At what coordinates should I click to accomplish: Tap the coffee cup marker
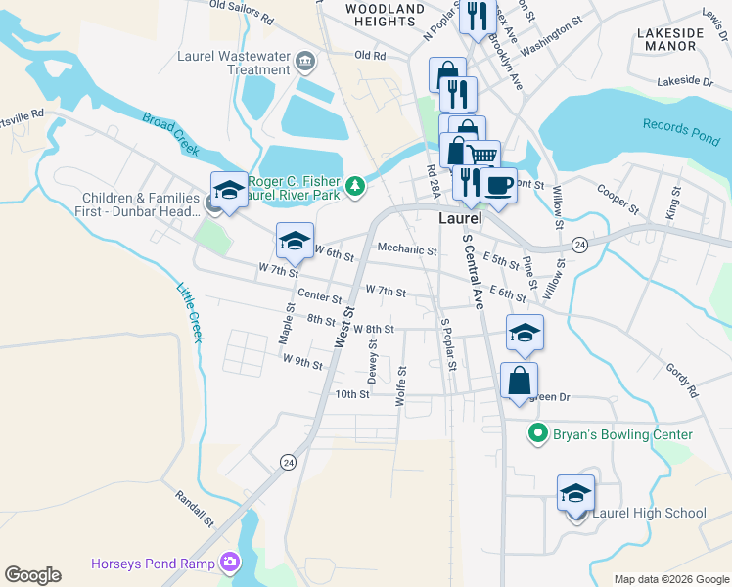(x=499, y=185)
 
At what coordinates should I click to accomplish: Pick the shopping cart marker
(x=481, y=157)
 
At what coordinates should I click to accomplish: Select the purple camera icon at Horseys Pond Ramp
(x=230, y=563)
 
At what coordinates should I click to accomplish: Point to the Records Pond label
(x=681, y=131)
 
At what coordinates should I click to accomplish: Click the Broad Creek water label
(x=170, y=135)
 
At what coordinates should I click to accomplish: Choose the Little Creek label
(x=189, y=312)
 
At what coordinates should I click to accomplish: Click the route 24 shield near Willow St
(x=579, y=245)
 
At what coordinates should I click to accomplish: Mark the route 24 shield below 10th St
(x=288, y=462)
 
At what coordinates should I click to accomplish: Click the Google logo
(x=32, y=575)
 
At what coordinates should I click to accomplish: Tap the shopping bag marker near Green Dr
(x=519, y=380)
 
